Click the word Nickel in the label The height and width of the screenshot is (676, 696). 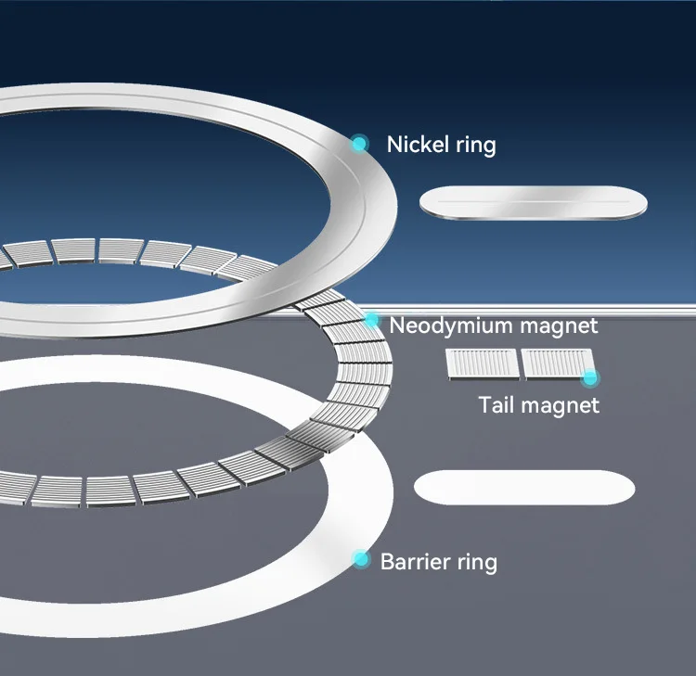pos(414,145)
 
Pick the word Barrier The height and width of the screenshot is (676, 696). pos(414,562)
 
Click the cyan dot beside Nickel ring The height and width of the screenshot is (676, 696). pos(359,143)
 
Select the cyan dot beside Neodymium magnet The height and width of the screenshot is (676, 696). pos(372,320)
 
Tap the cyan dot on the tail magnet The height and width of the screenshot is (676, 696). pos(589,377)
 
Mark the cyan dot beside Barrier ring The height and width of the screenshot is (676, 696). pos(361,558)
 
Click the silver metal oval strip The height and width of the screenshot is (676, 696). pos(534,203)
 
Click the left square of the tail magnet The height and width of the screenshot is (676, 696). pos(481,364)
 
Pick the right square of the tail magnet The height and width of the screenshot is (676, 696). pos(556,364)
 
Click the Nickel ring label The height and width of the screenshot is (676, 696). pos(441,145)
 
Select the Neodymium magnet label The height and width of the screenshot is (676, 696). pos(494,326)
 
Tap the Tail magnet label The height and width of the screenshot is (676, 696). pos(538,405)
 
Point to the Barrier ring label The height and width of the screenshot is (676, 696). pos(438,562)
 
